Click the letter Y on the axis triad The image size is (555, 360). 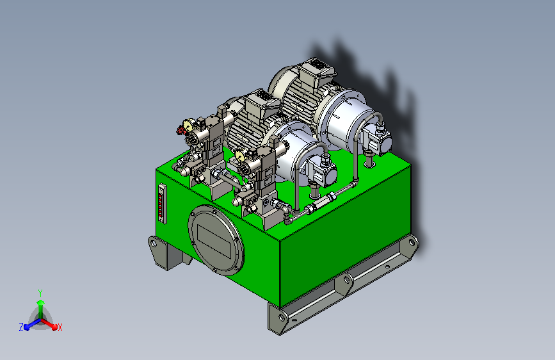pos(40,293)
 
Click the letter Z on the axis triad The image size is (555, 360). pos(21,327)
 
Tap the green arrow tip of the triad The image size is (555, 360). pos(41,302)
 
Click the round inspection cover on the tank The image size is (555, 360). pos(216,240)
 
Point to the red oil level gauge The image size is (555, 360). pos(162,203)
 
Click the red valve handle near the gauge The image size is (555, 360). pos(181,131)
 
